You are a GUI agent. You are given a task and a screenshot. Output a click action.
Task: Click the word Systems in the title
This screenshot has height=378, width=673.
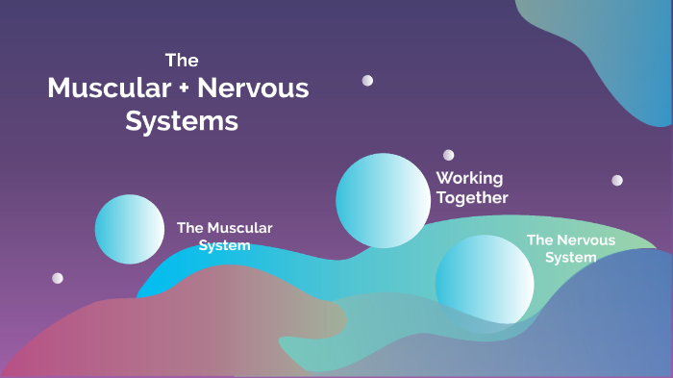pos(182,123)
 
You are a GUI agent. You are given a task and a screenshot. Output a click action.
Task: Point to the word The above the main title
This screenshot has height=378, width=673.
pos(182,60)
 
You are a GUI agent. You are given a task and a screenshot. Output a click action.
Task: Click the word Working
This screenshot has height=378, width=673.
pos(469,178)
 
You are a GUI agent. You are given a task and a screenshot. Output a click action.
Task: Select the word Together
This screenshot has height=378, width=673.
pos(472,198)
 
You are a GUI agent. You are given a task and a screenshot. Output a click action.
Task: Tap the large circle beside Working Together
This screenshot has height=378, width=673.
pos(383,200)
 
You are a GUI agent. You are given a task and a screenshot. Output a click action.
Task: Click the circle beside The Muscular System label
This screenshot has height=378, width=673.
pos(130,229)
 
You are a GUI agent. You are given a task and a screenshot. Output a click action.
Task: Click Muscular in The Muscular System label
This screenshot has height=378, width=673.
pos(239,228)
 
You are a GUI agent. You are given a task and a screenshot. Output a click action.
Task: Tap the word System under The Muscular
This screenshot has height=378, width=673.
pos(224,245)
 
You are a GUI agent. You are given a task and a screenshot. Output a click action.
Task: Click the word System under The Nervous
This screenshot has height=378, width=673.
pos(570,257)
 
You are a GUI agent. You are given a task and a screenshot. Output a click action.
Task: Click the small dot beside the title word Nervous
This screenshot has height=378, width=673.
pos(367,81)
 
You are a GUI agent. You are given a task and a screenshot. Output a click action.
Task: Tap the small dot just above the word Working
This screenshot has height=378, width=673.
pos(448,155)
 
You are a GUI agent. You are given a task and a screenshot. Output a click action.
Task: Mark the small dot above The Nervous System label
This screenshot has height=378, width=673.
pos(617,180)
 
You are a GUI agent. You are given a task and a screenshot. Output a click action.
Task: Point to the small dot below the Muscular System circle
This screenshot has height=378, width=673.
pos(58,278)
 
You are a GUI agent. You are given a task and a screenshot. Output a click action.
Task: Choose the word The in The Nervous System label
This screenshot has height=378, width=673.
pos(539,239)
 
